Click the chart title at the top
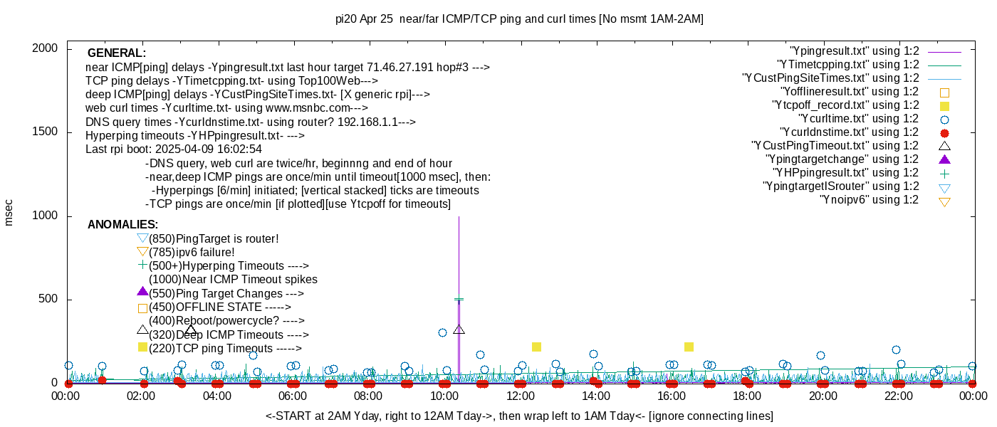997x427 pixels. (519, 19)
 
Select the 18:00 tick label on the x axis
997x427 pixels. (747, 396)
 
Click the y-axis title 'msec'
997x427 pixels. (9, 212)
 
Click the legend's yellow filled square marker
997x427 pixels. (945, 105)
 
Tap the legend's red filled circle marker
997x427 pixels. (945, 132)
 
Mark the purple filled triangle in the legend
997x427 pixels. (945, 159)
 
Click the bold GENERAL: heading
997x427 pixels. (117, 53)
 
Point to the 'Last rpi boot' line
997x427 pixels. (174, 149)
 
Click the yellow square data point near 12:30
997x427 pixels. (536, 347)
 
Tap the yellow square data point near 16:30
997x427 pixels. (689, 347)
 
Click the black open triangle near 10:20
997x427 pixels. (459, 330)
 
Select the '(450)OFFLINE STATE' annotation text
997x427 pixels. (220, 307)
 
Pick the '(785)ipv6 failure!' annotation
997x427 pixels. (192, 253)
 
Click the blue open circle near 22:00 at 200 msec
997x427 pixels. (896, 349)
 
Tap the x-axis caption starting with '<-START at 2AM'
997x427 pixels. (519, 416)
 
